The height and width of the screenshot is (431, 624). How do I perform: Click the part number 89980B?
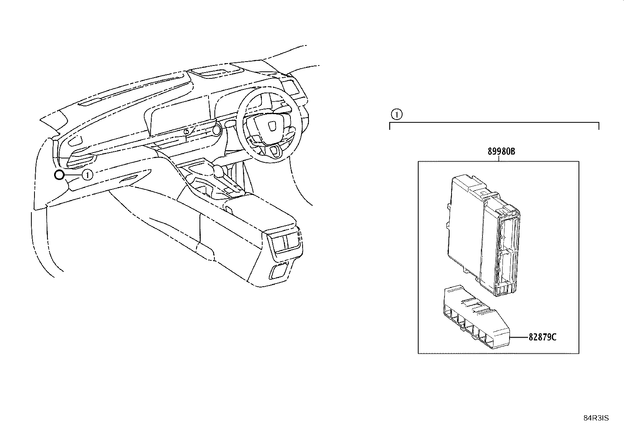501,151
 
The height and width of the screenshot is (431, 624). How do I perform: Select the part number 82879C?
542,337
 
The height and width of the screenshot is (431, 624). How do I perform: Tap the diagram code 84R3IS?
596,418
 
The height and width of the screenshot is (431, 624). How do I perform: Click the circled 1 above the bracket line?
397,114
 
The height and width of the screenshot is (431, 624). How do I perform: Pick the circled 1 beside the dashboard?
87,175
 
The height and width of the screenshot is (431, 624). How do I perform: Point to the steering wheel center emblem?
272,126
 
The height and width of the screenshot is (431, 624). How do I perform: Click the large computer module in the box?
484,236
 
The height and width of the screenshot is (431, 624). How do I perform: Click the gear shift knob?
219,171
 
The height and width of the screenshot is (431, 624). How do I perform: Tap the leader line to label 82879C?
519,337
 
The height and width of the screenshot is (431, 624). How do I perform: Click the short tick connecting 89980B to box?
499,158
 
